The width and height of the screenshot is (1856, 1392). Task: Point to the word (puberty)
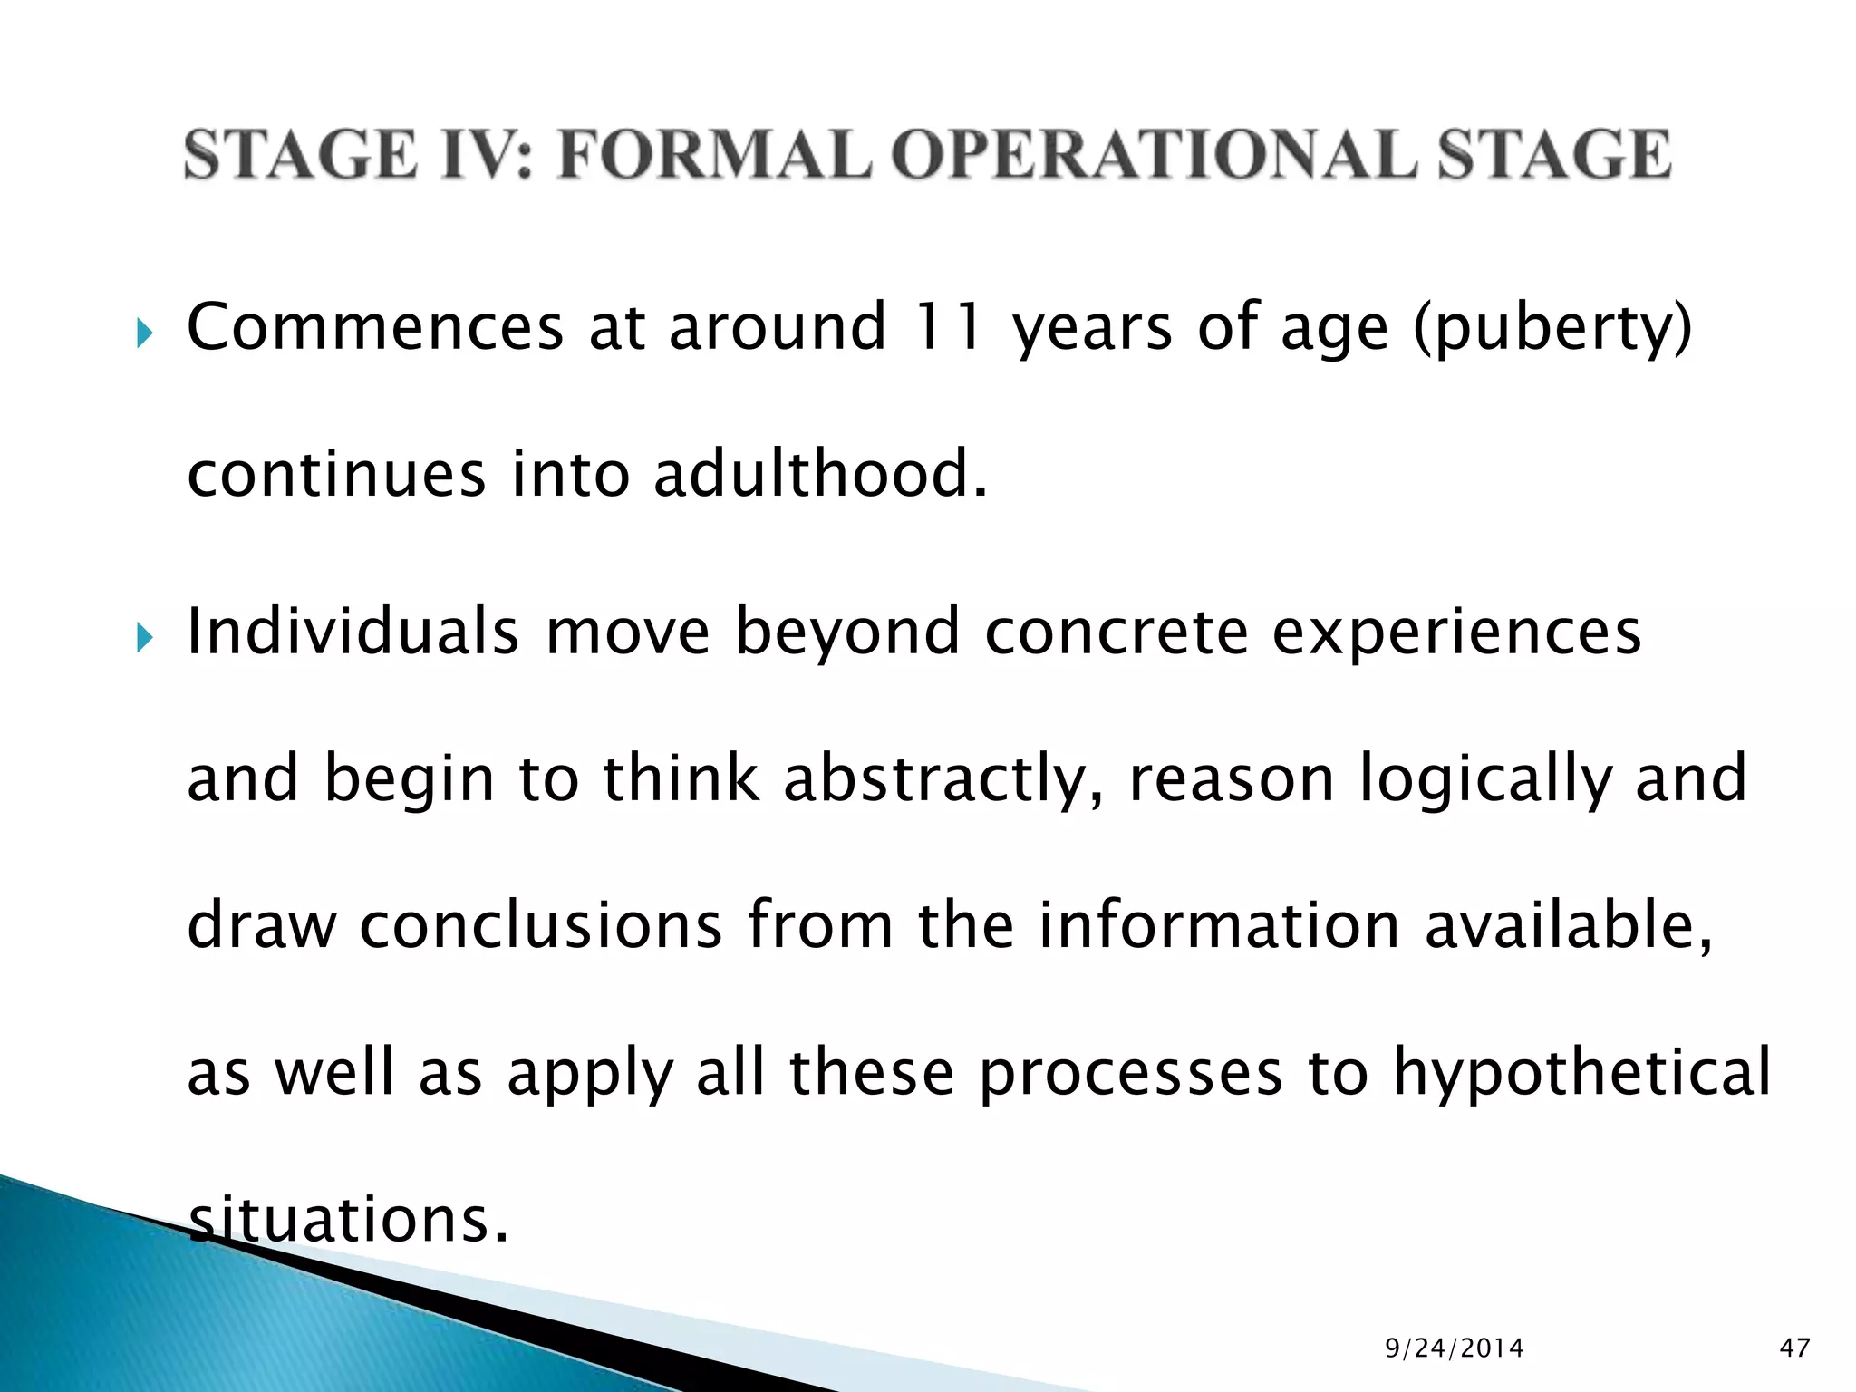[1552, 328]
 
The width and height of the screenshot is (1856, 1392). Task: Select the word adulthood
[819, 474]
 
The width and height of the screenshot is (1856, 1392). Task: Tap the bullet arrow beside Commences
[144, 335]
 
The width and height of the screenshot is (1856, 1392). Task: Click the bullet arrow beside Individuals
[144, 640]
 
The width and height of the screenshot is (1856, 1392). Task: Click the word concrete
[1116, 633]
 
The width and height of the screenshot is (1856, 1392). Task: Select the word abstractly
[943, 779]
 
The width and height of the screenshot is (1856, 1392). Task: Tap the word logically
[1485, 779]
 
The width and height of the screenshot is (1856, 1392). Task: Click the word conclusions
[541, 925]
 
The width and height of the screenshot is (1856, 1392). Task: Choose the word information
[1219, 925]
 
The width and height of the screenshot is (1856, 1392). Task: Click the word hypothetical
[1581, 1073]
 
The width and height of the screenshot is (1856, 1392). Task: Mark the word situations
[348, 1220]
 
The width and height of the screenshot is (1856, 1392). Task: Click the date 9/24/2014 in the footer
[1455, 1348]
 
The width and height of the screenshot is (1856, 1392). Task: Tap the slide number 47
[1794, 1348]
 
